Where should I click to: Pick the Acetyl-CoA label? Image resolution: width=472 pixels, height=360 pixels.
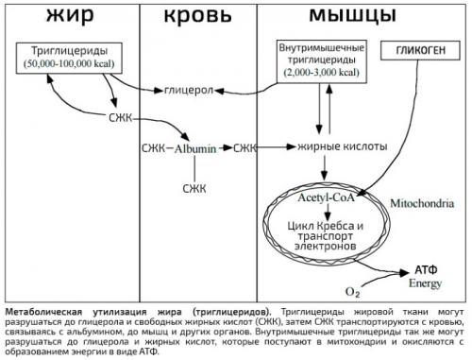[325, 200]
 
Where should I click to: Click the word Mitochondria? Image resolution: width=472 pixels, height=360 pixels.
[415, 202]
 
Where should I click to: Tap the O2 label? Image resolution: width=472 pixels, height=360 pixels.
[351, 288]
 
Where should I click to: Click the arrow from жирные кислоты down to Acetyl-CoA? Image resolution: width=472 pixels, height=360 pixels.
[325, 172]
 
